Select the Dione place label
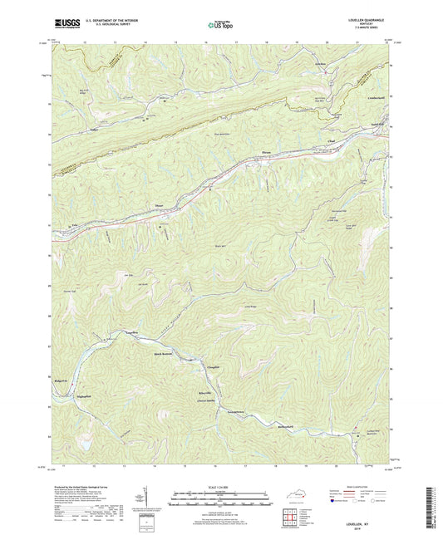(x=267, y=151)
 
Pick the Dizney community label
(x=160, y=205)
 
